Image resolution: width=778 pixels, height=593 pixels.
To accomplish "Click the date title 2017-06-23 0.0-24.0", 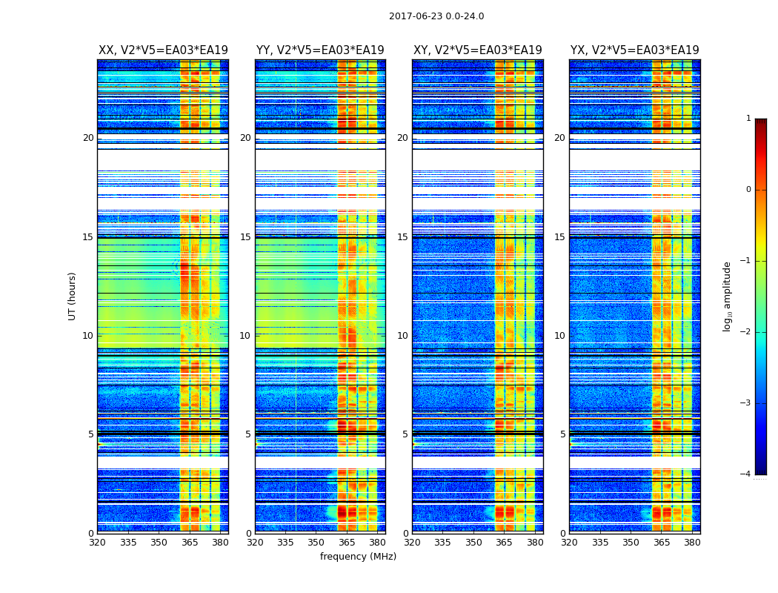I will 436,16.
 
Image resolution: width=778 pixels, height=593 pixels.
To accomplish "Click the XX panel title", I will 163,50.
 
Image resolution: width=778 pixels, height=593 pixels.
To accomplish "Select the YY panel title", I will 320,50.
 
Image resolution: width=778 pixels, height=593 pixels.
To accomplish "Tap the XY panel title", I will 478,50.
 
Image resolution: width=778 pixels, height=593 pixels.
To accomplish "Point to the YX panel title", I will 635,50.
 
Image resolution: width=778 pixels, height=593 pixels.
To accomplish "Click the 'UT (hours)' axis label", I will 72,296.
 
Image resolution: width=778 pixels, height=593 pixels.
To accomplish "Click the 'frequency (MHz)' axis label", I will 358,557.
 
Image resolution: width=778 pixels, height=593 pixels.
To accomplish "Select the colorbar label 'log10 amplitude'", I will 728,296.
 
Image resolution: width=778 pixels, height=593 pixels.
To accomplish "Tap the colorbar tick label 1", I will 748,119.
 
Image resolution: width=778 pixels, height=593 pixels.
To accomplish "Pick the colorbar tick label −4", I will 746,474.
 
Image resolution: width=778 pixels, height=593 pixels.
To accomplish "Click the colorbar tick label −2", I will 746,332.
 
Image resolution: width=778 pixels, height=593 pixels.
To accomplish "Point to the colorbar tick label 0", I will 748,190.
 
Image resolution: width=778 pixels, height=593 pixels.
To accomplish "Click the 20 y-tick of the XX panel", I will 88,138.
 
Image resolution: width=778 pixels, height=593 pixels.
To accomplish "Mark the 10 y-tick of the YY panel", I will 245,336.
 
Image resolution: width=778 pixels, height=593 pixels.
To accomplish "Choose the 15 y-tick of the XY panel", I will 402,237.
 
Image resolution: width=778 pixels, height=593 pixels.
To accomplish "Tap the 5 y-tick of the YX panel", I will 562,434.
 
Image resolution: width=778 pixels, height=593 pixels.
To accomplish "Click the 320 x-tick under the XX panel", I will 97,543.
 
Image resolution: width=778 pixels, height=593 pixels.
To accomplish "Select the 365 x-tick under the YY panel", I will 347,543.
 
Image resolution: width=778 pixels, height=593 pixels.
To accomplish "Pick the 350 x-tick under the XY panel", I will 473,543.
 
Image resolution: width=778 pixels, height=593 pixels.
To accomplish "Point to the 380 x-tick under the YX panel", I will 692,543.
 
